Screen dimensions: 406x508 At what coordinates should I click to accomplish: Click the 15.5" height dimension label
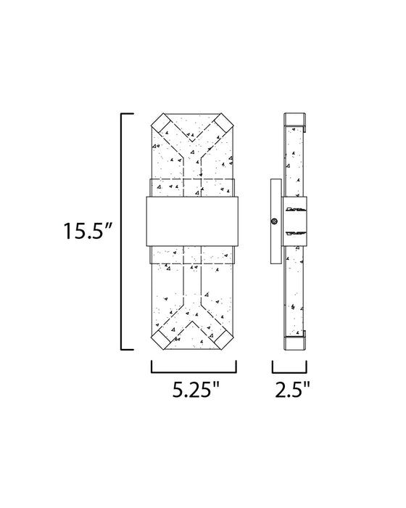[87, 230]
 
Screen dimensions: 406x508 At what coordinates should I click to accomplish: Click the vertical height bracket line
[122, 232]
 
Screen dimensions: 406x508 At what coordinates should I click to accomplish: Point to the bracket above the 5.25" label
[194, 372]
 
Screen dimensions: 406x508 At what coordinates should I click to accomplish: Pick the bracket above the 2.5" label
[289, 372]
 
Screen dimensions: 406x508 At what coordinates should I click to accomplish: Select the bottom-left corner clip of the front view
[159, 340]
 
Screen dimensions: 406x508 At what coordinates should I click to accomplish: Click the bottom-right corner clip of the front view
[225, 340]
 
